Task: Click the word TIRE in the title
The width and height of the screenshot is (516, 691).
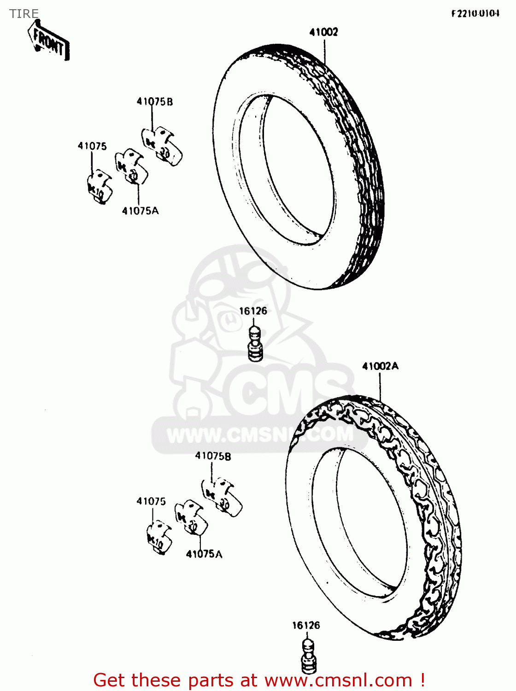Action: pyautogui.click(x=24, y=14)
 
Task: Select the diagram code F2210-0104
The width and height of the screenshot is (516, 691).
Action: pyautogui.click(x=475, y=13)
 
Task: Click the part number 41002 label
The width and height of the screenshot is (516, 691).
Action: pyautogui.click(x=323, y=32)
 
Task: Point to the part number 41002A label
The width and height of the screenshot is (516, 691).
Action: pyautogui.click(x=380, y=366)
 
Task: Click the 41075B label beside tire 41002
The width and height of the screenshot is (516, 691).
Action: pyautogui.click(x=155, y=101)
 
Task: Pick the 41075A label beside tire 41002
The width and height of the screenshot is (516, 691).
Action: pyautogui.click(x=140, y=211)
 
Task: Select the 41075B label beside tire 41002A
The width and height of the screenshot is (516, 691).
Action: pyautogui.click(x=213, y=456)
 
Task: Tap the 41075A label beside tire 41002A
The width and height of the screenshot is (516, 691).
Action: pyautogui.click(x=204, y=554)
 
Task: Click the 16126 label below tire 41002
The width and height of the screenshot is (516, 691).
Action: pyautogui.click(x=253, y=311)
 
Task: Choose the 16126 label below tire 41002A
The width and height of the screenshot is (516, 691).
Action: pyautogui.click(x=306, y=625)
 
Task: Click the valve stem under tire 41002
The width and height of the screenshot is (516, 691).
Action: pyautogui.click(x=254, y=344)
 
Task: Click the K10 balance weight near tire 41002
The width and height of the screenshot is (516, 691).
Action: pyautogui.click(x=100, y=187)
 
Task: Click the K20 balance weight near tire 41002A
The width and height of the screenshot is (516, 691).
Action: pyautogui.click(x=191, y=518)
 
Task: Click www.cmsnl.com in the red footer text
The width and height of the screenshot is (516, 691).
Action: pyautogui.click(x=338, y=680)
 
